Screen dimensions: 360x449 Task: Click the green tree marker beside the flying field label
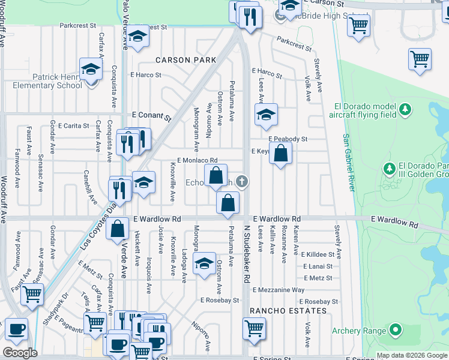406,109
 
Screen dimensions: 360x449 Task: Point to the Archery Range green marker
395,329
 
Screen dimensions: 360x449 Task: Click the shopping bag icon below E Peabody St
281,154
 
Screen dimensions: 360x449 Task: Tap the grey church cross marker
241,181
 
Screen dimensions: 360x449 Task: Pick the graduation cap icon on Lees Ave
266,115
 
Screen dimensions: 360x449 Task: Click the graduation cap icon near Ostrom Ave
204,262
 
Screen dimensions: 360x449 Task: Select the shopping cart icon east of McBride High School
358,26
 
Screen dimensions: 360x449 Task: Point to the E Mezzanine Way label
279,290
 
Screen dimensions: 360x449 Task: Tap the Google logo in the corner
19,353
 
